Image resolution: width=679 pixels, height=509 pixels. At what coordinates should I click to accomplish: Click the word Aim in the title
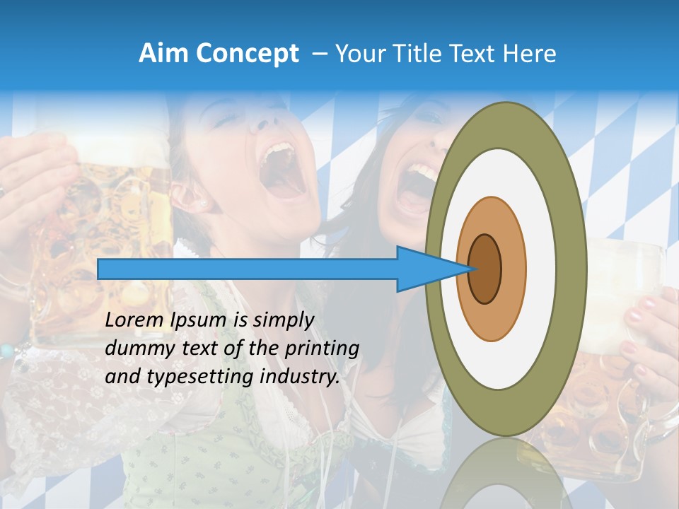[164, 54]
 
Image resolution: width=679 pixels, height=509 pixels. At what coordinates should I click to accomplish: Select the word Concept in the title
[247, 54]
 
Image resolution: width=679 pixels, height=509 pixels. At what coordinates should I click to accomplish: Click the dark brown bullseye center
[485, 269]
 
